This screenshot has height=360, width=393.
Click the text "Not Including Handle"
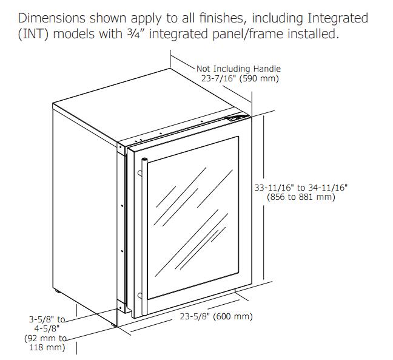[238, 69]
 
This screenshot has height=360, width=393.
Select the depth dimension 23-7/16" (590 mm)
[240, 78]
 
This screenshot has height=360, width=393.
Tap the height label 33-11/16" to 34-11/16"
[301, 188]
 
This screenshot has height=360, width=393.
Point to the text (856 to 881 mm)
[301, 197]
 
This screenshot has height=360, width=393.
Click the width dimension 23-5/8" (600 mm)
[216, 316]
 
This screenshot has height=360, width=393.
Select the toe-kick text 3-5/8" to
[47, 319]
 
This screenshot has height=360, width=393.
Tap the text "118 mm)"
[47, 347]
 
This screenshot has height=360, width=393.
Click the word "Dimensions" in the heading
[52, 18]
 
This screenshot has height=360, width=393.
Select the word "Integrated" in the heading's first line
[338, 19]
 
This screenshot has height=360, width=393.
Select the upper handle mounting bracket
[139, 174]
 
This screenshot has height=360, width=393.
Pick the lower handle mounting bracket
[139, 296]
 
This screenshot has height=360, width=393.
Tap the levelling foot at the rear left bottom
[58, 291]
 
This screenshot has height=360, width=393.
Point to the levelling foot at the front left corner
[114, 325]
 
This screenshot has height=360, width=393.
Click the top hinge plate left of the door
[121, 149]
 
